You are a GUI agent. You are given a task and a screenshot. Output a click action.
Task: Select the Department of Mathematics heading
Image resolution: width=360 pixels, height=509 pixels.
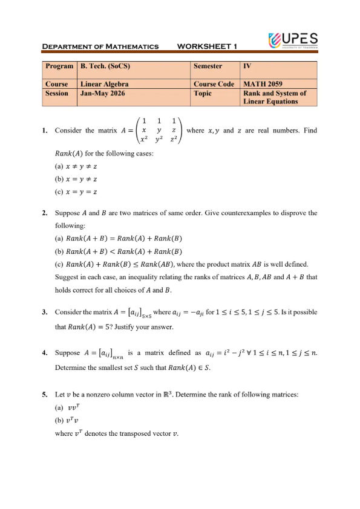(x=100, y=47)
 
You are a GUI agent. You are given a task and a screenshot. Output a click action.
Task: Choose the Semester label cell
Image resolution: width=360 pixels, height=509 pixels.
(x=208, y=66)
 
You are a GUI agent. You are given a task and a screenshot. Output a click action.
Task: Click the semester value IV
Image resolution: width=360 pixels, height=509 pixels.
(x=246, y=66)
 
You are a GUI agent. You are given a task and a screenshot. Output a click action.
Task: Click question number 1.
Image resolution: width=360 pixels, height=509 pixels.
(x=45, y=131)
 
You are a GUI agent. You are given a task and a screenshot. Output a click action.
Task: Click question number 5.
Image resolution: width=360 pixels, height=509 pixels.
(x=45, y=395)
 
